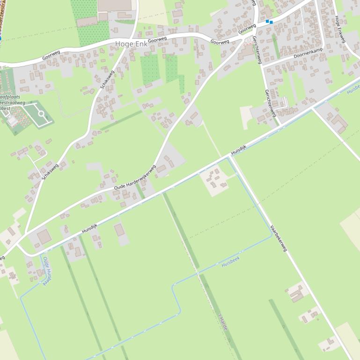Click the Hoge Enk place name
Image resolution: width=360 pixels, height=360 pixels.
click(x=131, y=44)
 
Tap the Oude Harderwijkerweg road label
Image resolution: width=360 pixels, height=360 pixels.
click(x=135, y=178)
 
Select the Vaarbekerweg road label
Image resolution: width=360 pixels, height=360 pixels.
click(x=278, y=238)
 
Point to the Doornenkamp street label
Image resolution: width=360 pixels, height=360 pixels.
click(x=308, y=53)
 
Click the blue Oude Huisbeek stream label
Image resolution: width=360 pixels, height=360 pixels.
click(x=47, y=271)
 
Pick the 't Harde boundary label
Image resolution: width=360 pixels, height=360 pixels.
click(x=223, y=322)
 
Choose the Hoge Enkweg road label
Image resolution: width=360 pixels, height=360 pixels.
click(x=340, y=29)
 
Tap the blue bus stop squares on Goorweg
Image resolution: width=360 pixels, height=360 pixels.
click(x=269, y=22)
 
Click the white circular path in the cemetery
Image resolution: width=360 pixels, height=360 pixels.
click(x=41, y=114)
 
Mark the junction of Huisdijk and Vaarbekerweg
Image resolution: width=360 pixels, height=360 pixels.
click(x=229, y=157)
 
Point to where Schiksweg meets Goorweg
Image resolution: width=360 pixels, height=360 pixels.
click(x=127, y=38)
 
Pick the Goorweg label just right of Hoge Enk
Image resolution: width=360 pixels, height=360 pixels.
click(x=157, y=40)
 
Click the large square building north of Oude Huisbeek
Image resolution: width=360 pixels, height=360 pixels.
click(x=44, y=237)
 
